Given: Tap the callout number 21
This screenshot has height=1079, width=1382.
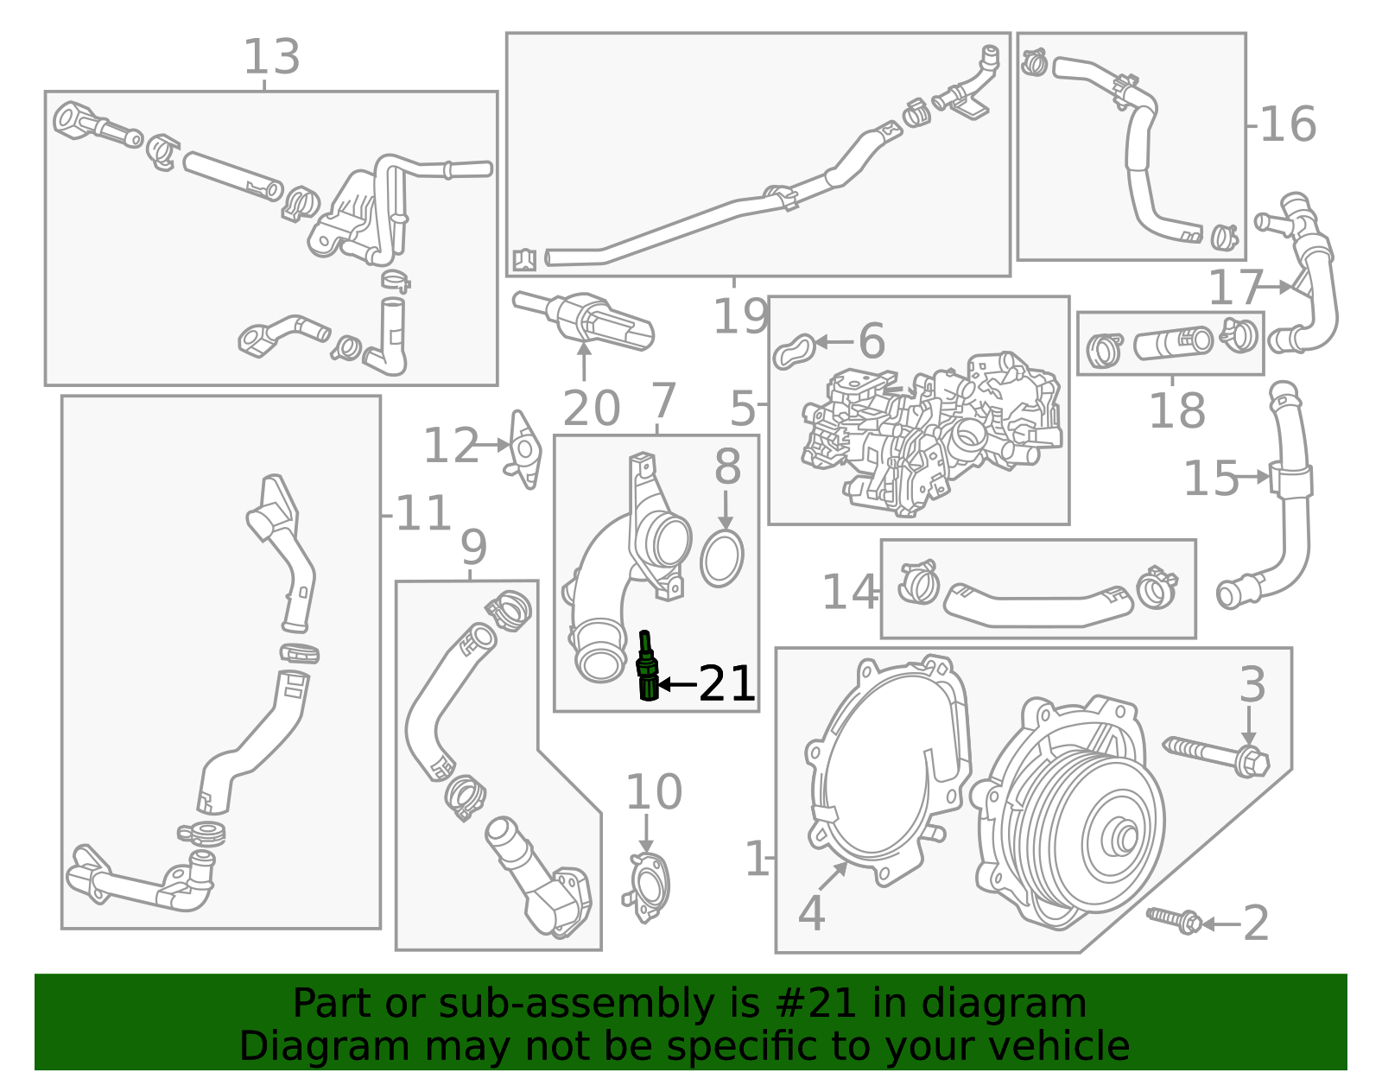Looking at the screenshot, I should pyautogui.click(x=726, y=684).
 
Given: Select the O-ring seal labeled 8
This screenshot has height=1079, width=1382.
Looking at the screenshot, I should pyautogui.click(x=721, y=559).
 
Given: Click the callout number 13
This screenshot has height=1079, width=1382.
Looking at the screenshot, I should pyautogui.click(x=271, y=57).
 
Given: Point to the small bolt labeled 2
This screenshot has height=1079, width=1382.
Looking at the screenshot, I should pyautogui.click(x=1174, y=920).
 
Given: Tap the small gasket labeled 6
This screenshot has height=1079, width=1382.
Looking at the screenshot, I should pyautogui.click(x=794, y=350).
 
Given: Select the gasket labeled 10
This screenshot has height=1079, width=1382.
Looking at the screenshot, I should pyautogui.click(x=646, y=887).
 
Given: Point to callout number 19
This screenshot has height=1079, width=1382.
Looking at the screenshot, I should pyautogui.click(x=740, y=316).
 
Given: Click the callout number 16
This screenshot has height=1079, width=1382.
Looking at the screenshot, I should pyautogui.click(x=1288, y=124).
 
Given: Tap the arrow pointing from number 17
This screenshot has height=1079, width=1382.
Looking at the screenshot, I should pyautogui.click(x=1278, y=286).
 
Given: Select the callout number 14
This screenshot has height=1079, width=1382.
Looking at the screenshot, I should pyautogui.click(x=849, y=593).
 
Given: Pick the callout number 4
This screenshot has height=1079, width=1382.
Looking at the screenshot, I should pyautogui.click(x=811, y=914).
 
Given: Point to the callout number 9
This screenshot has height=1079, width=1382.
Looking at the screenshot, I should pyautogui.click(x=473, y=548).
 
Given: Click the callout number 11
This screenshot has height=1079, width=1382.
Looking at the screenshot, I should pyautogui.click(x=423, y=514).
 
